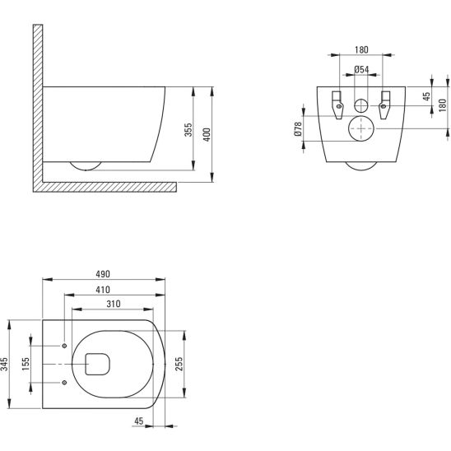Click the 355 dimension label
coord(188,130)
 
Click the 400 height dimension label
coord(207,135)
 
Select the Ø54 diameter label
coord(361,69)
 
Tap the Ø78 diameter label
coord(298,129)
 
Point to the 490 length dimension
coord(103,274)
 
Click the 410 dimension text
coord(103,290)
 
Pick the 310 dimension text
coord(114,304)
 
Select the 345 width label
coord(4,364)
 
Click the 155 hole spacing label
coord(26,364)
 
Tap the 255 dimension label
coord(179,364)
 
